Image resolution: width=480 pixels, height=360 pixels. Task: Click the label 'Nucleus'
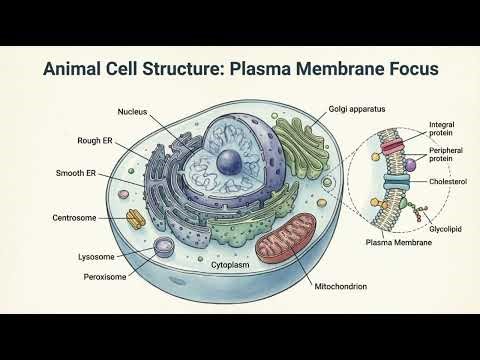pos(132,110)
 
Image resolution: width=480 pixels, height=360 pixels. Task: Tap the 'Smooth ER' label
pos(76,173)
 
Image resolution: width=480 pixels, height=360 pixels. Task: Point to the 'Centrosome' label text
pos(74,217)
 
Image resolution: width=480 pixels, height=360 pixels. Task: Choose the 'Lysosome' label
pos(98,256)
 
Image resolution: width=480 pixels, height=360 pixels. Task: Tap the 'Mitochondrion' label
pos(340,288)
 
